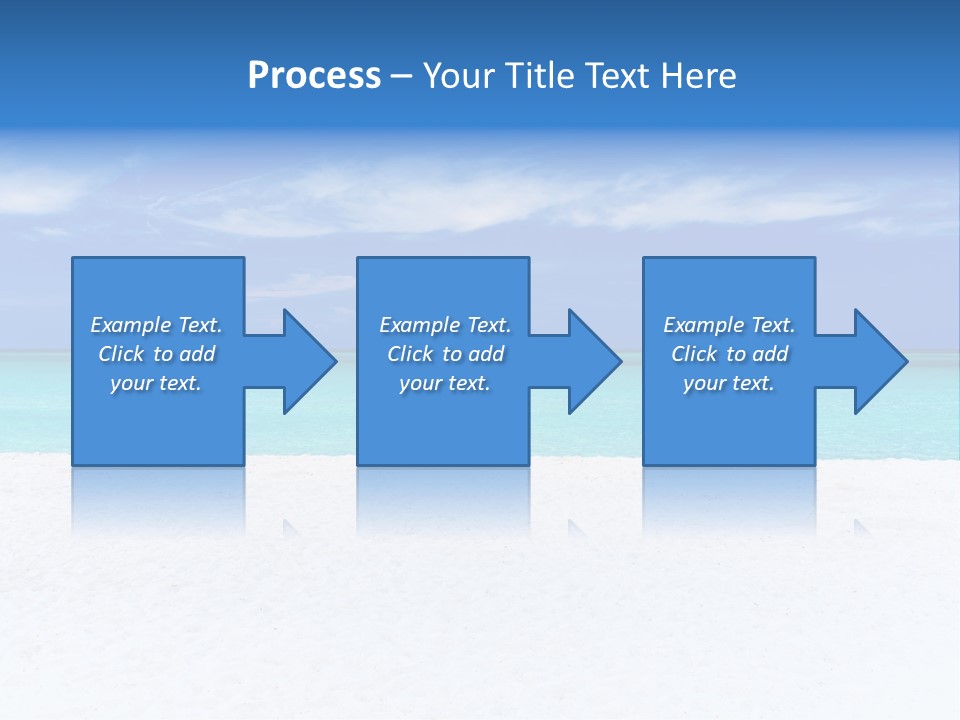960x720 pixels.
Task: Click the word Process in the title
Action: (314, 76)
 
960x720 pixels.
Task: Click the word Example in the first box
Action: (131, 325)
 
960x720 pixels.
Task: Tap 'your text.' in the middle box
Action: (444, 383)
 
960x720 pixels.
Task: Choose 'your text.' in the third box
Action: (728, 383)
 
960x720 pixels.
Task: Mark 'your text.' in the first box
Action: (155, 383)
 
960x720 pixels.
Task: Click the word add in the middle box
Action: (486, 354)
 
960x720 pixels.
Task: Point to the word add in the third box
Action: (770, 354)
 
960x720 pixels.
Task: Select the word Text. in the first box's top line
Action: (200, 325)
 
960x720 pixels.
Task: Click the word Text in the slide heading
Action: (615, 76)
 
